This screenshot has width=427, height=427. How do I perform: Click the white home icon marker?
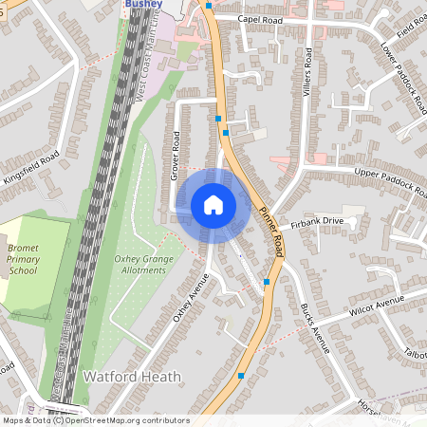[213, 204]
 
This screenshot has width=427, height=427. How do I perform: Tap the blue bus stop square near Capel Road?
[209, 5]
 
